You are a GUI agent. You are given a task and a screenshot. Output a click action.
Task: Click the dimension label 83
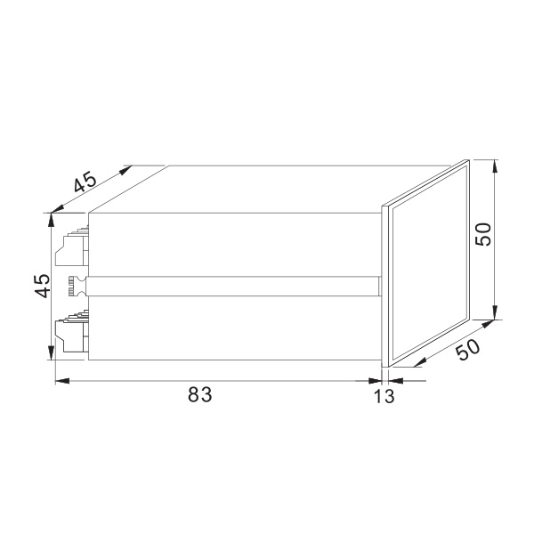200,394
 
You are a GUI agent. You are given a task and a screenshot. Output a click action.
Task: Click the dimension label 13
384,396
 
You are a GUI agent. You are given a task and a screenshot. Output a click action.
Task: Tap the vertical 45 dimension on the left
44,286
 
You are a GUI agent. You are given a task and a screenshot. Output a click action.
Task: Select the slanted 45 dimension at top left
85,182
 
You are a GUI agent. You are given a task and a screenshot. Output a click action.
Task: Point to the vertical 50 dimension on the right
483,234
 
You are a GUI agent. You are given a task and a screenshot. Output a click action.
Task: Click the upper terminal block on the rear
71,247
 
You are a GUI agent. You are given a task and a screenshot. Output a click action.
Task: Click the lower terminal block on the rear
72,330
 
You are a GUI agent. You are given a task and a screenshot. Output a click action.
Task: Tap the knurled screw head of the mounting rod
77,287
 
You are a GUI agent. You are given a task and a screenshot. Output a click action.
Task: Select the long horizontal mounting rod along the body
233,287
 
